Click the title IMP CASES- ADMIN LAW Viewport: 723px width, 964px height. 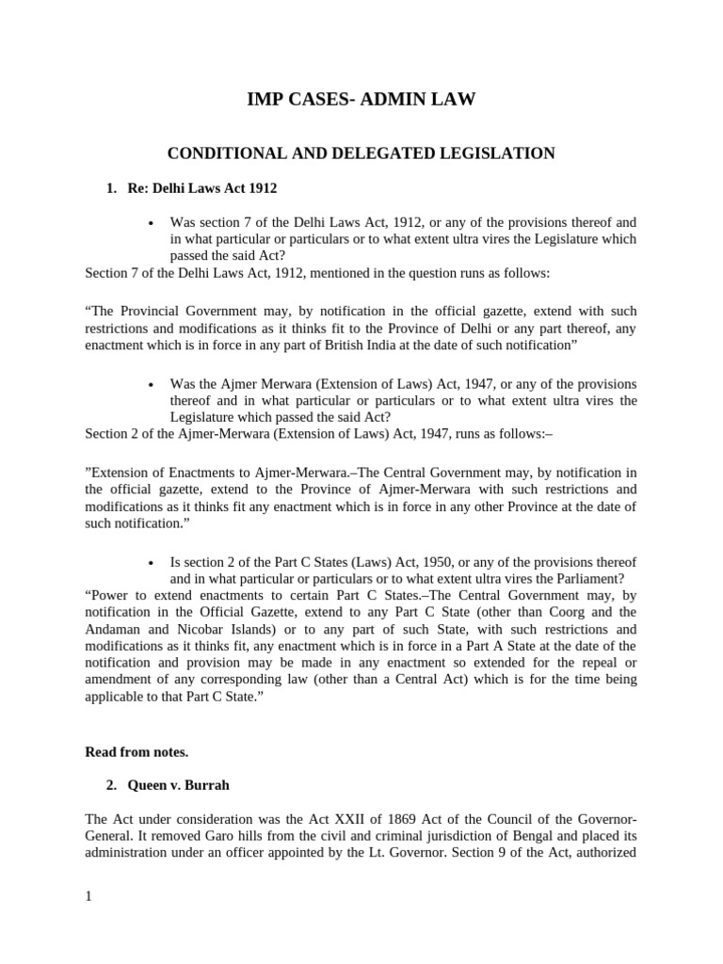point(361,99)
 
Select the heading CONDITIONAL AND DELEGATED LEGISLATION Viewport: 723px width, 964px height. point(361,153)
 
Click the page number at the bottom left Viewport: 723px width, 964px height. point(88,896)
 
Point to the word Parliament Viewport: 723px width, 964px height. point(590,578)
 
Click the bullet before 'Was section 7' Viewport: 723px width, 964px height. point(152,223)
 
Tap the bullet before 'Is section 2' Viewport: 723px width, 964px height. point(152,562)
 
